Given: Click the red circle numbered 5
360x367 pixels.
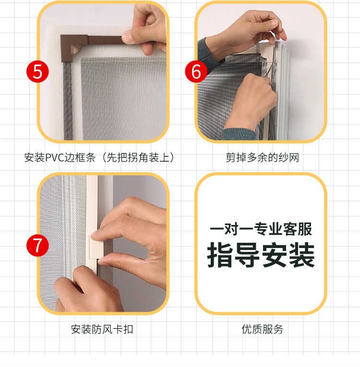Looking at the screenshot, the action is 37,71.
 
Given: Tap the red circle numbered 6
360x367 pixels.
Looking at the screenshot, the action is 196,71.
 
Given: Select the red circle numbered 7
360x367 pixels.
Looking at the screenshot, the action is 37,246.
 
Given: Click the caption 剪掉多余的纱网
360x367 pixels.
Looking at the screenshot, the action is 263,157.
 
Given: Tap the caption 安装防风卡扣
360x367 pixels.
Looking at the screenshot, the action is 102,329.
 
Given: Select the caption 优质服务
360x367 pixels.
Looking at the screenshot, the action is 263,329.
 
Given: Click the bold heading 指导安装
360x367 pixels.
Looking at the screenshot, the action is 261,255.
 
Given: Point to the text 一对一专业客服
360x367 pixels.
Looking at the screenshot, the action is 261,229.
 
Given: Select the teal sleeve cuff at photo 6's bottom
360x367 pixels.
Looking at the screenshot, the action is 239,135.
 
